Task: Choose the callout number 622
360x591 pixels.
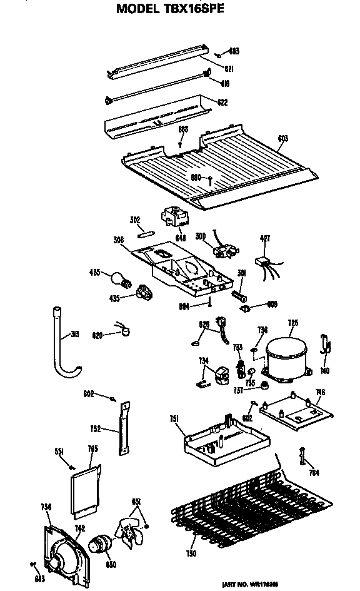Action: click(222, 102)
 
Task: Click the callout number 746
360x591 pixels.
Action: click(320, 393)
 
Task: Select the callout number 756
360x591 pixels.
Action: click(46, 507)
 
